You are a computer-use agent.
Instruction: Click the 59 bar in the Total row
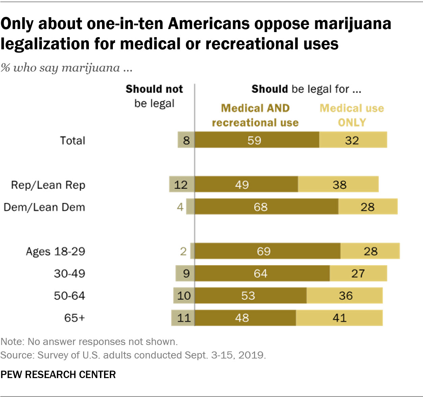257,140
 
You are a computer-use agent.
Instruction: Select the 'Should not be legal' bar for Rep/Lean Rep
182,184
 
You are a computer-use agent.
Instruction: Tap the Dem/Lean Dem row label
44,207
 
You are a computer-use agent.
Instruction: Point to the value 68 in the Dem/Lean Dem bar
260,207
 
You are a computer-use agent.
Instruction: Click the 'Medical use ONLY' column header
352,115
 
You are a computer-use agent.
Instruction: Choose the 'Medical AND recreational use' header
255,115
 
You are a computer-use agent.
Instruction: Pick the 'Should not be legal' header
154,96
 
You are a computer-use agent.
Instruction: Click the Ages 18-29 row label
55,251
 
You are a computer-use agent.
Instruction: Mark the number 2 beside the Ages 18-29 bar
183,251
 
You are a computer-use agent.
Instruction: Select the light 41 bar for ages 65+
339,318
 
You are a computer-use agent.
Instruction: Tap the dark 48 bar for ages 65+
245,318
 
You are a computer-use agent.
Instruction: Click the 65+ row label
74,318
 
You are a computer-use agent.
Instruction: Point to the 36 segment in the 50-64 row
345,296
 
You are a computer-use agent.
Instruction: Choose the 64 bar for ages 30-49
262,273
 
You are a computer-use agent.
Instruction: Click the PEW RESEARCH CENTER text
58,374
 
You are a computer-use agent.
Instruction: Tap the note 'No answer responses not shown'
89,342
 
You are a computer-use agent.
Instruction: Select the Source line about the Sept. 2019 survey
133,355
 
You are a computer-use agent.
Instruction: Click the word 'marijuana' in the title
353,24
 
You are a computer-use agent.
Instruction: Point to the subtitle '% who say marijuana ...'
66,68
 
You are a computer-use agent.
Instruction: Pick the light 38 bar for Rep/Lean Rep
338,184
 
